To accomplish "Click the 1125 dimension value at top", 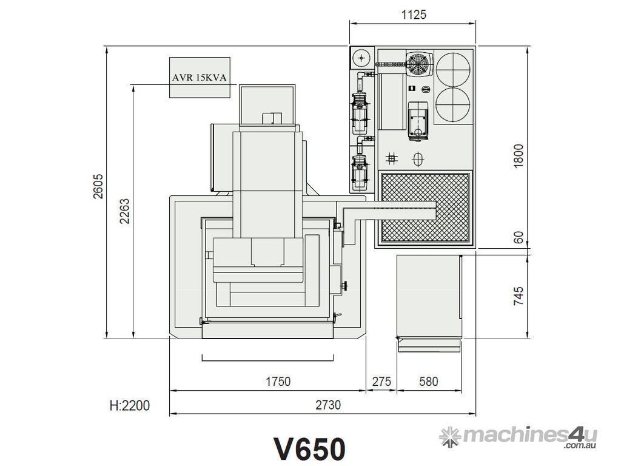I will (414, 15).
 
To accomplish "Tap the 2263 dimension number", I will (124, 211).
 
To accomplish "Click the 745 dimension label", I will (518, 295).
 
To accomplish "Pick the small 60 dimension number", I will (518, 237).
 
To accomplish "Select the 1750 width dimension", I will (278, 382).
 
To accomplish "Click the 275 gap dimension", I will (381, 382).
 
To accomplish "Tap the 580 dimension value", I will (428, 382).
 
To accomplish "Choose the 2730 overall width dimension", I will (328, 405).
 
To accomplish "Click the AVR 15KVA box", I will (200, 78).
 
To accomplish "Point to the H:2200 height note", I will (130, 405).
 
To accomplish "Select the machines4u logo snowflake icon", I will (449, 435).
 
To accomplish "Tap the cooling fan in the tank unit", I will (418, 63).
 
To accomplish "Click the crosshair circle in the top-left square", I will (362, 58).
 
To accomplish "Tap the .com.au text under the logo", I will (580, 447).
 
